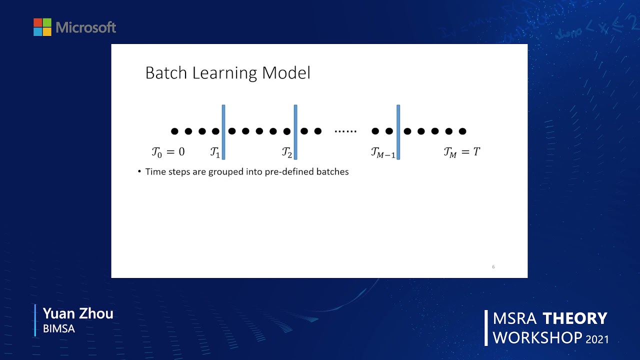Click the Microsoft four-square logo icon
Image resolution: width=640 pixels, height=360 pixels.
click(42, 27)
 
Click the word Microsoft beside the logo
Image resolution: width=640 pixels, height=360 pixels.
click(86, 27)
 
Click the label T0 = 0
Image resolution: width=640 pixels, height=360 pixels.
click(168, 152)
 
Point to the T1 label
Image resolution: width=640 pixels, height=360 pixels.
click(215, 152)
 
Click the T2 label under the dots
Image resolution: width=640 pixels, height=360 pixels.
click(286, 152)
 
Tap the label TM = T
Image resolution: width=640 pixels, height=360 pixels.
click(461, 152)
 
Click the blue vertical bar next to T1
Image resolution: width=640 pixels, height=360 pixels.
click(223, 132)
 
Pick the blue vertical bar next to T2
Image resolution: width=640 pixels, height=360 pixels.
click(295, 132)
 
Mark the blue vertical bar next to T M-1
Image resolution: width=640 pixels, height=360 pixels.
click(398, 132)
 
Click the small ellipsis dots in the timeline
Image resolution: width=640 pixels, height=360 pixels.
click(345, 131)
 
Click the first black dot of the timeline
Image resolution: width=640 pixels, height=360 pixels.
click(174, 131)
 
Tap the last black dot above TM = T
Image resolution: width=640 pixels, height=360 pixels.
click(462, 131)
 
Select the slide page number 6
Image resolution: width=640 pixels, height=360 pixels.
click(493, 267)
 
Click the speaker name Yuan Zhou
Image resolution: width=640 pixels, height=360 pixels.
click(78, 313)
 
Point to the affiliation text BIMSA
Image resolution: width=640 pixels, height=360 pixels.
click(59, 329)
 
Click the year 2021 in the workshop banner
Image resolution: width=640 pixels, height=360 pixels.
click(597, 339)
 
